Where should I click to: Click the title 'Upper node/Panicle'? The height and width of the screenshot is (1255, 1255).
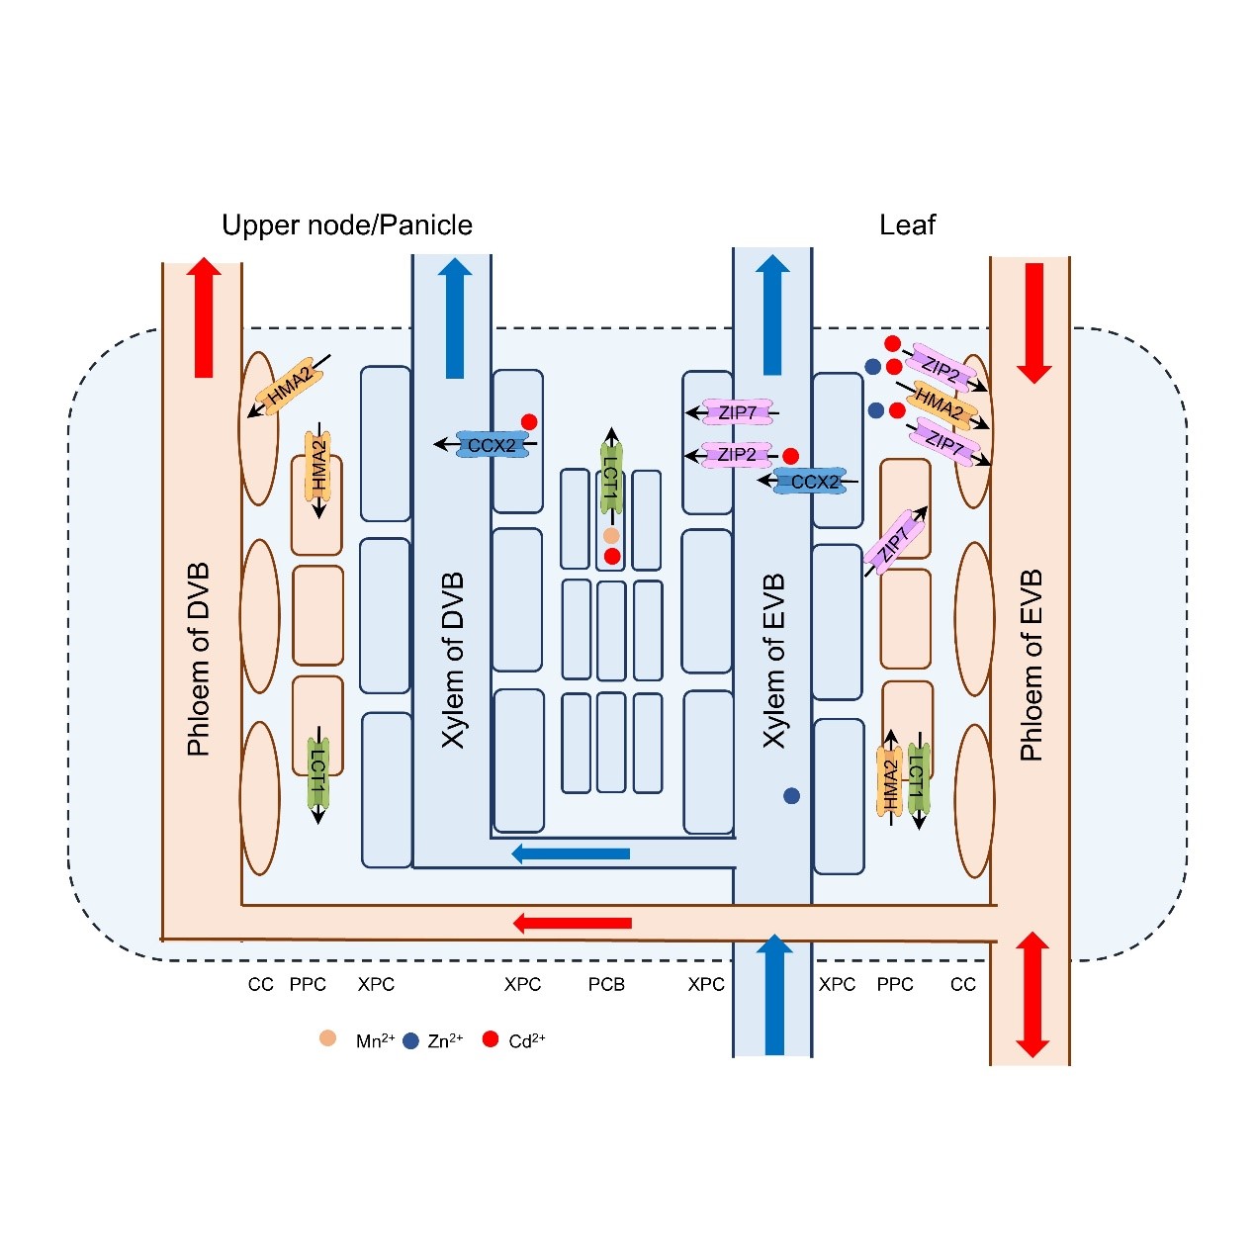[346, 225]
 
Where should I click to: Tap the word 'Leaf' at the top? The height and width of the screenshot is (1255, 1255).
[907, 225]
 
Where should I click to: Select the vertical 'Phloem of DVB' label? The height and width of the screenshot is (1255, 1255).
[199, 660]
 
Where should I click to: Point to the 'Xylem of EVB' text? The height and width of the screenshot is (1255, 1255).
[773, 660]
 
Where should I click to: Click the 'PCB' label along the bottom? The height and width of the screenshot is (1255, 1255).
[606, 984]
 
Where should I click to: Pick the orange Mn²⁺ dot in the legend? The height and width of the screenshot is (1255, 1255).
[328, 1038]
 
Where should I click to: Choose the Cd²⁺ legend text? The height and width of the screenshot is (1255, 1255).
[526, 1040]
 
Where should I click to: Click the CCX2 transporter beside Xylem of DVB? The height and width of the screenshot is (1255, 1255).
[492, 445]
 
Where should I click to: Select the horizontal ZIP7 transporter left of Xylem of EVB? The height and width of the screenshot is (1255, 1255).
[737, 412]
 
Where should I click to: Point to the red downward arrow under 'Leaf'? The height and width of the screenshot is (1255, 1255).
[1033, 322]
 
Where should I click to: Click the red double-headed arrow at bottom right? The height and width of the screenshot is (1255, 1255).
[1031, 994]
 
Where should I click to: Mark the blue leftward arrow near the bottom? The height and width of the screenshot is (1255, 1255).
[571, 853]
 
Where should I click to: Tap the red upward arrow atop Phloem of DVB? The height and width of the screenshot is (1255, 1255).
[204, 317]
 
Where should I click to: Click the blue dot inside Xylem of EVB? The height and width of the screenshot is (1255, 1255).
[791, 795]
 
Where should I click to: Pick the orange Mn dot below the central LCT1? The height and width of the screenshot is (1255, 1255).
[611, 536]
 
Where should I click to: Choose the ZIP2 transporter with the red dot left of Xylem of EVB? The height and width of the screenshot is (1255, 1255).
[737, 455]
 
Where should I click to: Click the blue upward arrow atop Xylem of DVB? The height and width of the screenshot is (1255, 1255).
[455, 317]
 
